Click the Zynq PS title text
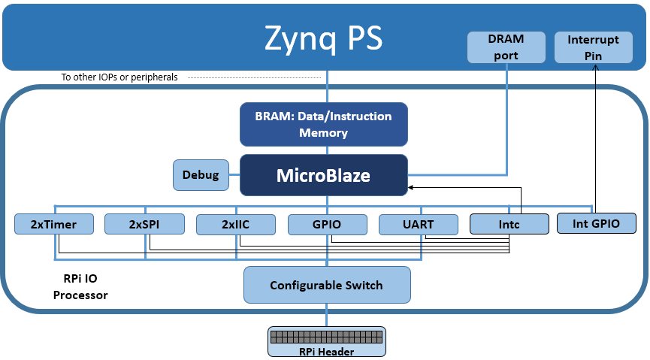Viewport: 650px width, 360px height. click(x=323, y=38)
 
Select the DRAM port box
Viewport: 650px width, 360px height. click(x=506, y=47)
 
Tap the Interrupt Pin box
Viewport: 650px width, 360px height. click(x=594, y=47)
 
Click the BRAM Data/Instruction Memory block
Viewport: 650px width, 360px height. click(x=323, y=125)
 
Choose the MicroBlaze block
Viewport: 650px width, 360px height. click(x=323, y=176)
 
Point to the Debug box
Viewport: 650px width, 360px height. click(x=201, y=174)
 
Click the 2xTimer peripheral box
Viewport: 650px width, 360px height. click(x=55, y=224)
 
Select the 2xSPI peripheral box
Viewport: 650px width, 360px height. click(x=144, y=224)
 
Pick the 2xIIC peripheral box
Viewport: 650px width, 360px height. click(x=235, y=224)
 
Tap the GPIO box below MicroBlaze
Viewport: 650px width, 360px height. click(x=327, y=224)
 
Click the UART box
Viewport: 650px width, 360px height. click(x=418, y=224)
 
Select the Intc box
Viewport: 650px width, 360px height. click(x=509, y=224)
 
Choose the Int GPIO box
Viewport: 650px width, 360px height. click(x=596, y=222)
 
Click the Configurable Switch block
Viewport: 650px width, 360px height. click(x=327, y=285)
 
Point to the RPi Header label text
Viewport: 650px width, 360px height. click(x=327, y=350)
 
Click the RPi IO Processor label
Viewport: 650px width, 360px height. click(x=80, y=286)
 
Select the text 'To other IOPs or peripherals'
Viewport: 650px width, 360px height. click(x=119, y=77)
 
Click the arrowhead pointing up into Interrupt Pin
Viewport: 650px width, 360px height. click(x=595, y=68)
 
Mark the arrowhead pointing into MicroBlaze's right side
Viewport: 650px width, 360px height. click(x=412, y=187)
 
